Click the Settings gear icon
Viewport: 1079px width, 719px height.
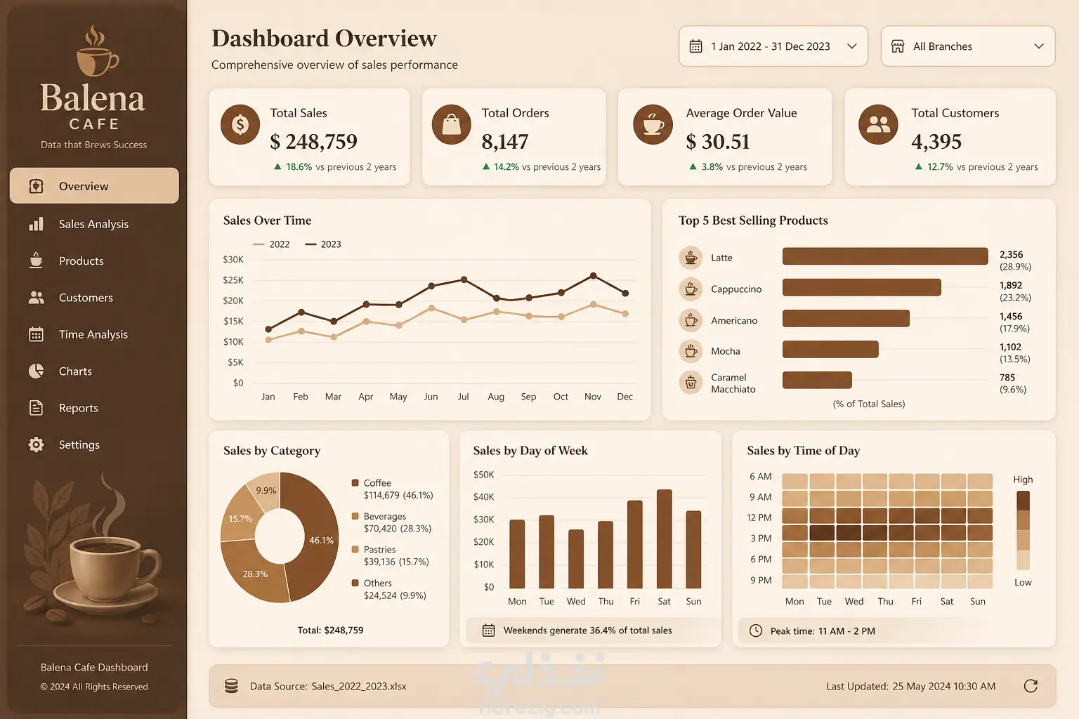tap(36, 444)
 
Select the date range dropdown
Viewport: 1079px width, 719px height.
tap(773, 46)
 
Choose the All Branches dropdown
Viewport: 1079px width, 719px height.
tap(968, 46)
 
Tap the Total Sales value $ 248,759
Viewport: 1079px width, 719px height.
tap(313, 142)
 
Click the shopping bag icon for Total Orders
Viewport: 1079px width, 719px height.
tap(452, 125)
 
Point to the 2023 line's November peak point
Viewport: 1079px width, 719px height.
tap(594, 276)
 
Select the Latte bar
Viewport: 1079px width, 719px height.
tap(885, 256)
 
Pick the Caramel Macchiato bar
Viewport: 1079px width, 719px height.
tap(817, 380)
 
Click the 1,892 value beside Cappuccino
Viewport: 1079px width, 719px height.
tap(1011, 285)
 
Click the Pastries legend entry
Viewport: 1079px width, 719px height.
tap(390, 555)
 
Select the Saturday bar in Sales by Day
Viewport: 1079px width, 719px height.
tap(665, 539)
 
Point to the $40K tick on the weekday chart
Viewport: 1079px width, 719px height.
tap(483, 497)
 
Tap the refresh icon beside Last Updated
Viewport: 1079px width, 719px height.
tap(1031, 686)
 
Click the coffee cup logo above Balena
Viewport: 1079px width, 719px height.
tap(98, 51)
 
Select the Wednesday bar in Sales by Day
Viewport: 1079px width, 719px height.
tap(576, 559)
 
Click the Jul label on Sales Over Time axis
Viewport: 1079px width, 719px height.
tap(464, 396)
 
